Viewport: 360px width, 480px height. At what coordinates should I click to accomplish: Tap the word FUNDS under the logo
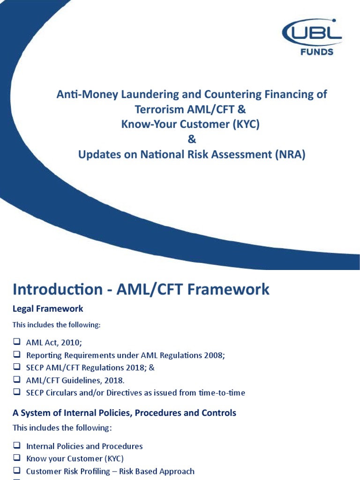[317, 52]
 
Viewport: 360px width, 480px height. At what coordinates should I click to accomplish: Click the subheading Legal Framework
[48, 308]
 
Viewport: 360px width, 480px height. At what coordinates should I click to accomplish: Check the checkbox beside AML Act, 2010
[16, 342]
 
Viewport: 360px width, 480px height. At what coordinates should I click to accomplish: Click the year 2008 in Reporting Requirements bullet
[214, 355]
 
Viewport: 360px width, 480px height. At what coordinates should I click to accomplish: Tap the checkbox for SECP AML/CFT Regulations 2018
[16, 367]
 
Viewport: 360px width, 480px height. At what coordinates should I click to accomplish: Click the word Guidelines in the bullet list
[84, 380]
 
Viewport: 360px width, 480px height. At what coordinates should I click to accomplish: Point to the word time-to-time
[222, 392]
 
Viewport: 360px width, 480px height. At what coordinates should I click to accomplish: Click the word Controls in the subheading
[216, 413]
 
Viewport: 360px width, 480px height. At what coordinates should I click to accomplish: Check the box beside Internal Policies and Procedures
[16, 446]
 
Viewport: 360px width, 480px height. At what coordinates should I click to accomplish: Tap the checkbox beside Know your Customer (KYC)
[16, 458]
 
